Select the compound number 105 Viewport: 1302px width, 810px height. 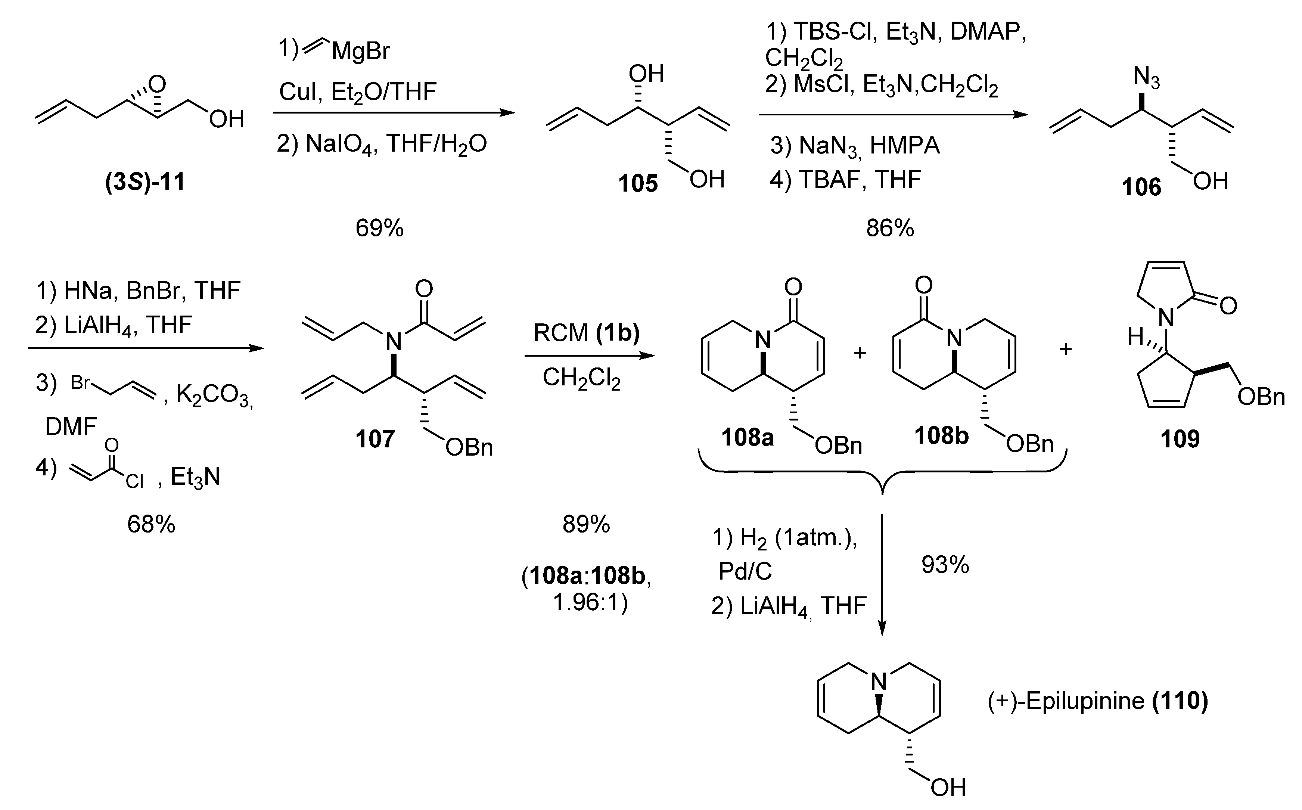pos(637,184)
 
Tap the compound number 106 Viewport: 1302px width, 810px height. pos(1141,187)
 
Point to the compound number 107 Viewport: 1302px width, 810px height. pos(375,439)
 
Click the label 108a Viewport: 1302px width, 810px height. pos(747,438)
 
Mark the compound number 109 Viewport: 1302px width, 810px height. pos(1180,439)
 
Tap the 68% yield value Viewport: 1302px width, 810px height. pos(151,524)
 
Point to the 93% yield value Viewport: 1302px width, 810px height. pos(945,565)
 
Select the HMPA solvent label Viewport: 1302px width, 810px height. pos(905,146)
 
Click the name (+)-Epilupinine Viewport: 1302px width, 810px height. pos(1066,701)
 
